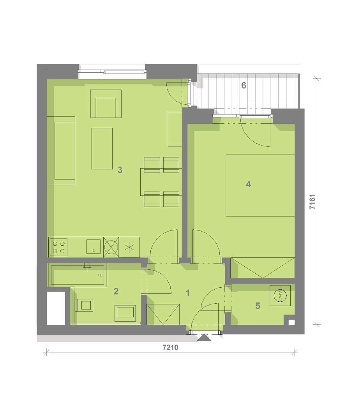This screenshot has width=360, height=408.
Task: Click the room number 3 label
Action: tap(120, 170)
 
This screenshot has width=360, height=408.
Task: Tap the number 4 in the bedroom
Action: tap(249, 184)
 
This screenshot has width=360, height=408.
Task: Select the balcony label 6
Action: tap(244, 85)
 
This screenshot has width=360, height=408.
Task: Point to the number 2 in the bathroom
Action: tap(116, 291)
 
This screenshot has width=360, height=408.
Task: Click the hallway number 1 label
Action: tap(187, 293)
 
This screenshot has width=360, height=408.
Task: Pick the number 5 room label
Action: tap(258, 306)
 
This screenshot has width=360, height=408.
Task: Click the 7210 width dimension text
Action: tap(170, 347)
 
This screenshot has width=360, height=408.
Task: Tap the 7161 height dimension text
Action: tap(312, 201)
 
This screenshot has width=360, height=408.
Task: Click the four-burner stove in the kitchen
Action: tap(58, 247)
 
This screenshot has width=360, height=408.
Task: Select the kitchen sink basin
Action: tap(94, 246)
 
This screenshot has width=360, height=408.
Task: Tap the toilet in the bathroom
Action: tap(84, 305)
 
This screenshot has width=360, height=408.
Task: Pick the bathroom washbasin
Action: tap(125, 313)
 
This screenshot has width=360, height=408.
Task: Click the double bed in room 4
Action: tap(260, 186)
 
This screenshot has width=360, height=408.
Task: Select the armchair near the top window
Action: tap(106, 104)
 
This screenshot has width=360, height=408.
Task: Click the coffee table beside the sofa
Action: tap(102, 148)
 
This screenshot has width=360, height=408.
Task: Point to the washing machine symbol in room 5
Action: tap(280, 295)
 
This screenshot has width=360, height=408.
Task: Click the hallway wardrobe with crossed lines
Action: tap(163, 314)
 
